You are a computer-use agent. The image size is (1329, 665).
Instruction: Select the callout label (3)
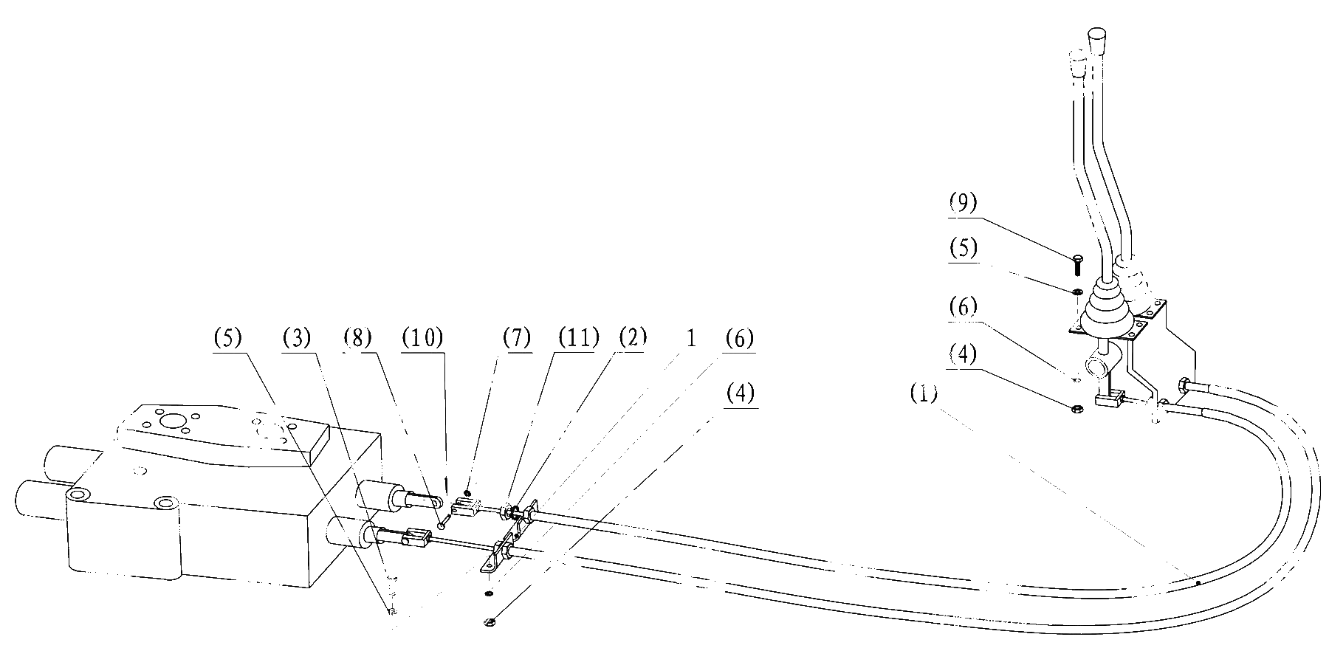point(297,339)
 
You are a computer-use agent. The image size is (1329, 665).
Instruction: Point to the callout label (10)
point(423,339)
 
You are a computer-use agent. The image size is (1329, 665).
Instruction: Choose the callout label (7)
point(517,339)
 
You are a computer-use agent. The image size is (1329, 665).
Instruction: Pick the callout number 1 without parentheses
point(691,339)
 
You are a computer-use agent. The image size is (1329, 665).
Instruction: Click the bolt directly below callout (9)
point(1077,264)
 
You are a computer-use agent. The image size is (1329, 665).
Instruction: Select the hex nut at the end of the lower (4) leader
point(488,621)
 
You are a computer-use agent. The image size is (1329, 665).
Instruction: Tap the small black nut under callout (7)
point(467,493)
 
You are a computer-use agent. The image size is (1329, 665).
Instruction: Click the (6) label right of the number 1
point(740,339)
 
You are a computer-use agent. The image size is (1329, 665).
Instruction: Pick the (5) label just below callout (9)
point(963,248)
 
